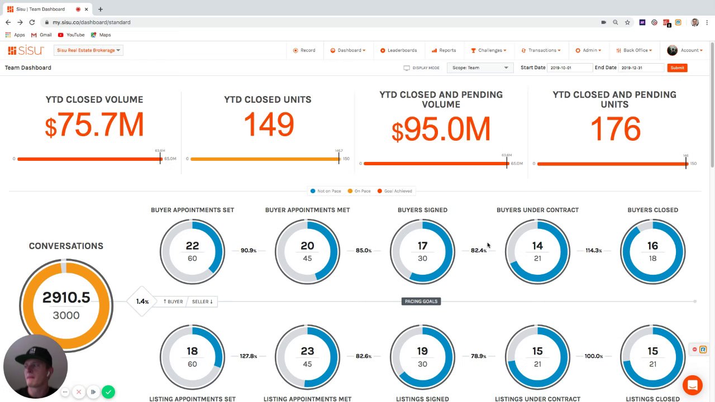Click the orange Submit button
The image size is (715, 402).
pos(677,68)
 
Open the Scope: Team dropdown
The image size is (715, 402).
pos(480,68)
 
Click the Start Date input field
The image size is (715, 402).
pos(569,68)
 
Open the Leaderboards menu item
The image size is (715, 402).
pos(399,50)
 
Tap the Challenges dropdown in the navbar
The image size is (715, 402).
pos(489,50)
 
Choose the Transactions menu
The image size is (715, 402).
pos(541,50)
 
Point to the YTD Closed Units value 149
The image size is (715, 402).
pos(268,125)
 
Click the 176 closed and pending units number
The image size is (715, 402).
pos(614,130)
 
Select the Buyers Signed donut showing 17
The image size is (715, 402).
pos(422,251)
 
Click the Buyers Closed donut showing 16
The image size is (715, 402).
pos(652,251)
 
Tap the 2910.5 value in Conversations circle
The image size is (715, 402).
pos(66,298)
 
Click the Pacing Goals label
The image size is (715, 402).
pos(421,301)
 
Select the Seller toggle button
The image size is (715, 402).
pos(202,301)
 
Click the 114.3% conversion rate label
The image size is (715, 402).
pos(593,251)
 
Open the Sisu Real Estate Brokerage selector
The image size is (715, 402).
pos(88,50)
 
